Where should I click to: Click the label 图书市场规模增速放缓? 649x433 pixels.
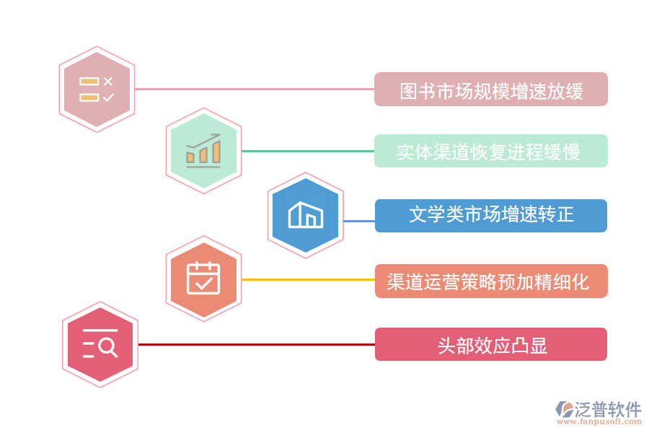pyautogui.click(x=490, y=89)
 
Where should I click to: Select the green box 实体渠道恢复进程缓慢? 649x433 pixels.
pyautogui.click(x=490, y=152)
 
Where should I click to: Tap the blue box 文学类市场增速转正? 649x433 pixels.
pyautogui.click(x=490, y=215)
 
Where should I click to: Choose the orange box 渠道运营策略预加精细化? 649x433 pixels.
pyautogui.click(x=490, y=281)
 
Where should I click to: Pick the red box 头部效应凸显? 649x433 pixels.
pyautogui.click(x=490, y=344)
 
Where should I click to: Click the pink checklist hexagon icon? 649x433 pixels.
pyautogui.click(x=97, y=89)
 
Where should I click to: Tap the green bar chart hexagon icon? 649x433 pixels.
pyautogui.click(x=203, y=151)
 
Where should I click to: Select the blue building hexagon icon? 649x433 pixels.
pyautogui.click(x=305, y=214)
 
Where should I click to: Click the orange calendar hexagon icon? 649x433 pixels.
pyautogui.click(x=203, y=279)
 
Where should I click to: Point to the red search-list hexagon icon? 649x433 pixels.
pyautogui.click(x=100, y=344)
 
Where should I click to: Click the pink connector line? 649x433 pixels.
pyautogui.click(x=252, y=89)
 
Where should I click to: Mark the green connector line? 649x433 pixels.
pyautogui.click(x=307, y=152)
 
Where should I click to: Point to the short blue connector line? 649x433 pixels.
pyautogui.click(x=358, y=221)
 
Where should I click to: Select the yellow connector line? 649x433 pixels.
pyautogui.click(x=307, y=279)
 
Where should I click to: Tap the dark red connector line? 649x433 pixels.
pyautogui.click(x=256, y=344)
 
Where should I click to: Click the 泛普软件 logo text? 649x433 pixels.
pyautogui.click(x=607, y=409)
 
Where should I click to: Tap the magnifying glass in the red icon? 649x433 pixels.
pyautogui.click(x=107, y=348)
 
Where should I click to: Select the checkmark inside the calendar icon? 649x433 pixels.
pyautogui.click(x=203, y=282)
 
